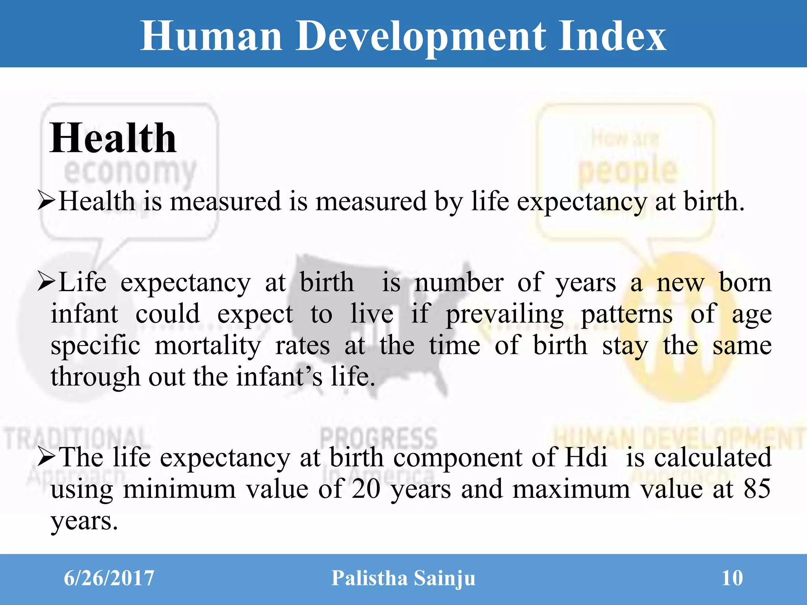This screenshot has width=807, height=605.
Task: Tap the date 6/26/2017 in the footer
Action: pos(109,578)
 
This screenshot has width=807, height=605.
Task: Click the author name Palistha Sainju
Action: pos(403,578)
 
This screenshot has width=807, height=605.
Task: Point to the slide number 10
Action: pos(732,578)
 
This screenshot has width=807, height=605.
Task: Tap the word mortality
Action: pos(208,345)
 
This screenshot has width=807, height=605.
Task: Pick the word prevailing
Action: pos(505,314)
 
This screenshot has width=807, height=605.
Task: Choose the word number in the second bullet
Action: pos(459,282)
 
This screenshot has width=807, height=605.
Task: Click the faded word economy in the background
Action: pos(130,172)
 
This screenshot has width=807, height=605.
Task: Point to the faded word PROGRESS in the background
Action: pos(378,437)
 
